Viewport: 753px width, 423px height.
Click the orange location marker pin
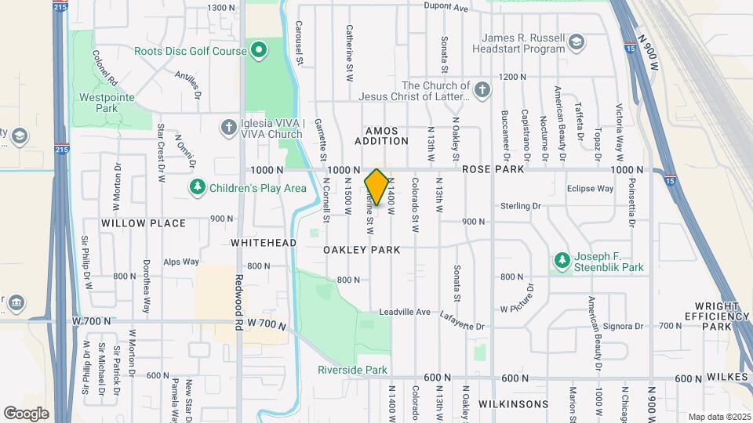point(376,187)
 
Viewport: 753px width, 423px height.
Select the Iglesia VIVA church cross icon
point(228,127)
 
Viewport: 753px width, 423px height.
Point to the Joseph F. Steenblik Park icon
point(562,260)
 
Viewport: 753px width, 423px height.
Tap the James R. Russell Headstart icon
point(577,42)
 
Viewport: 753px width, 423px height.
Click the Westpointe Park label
point(107,98)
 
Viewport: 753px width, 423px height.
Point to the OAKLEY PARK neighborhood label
point(362,250)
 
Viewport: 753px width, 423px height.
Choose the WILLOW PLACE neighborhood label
point(144,223)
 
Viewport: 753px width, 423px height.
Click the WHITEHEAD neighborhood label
point(264,243)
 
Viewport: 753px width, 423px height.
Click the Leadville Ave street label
point(405,312)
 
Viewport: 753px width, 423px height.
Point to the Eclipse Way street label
point(590,189)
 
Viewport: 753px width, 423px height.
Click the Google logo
point(26,413)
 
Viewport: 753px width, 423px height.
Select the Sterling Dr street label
point(521,206)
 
